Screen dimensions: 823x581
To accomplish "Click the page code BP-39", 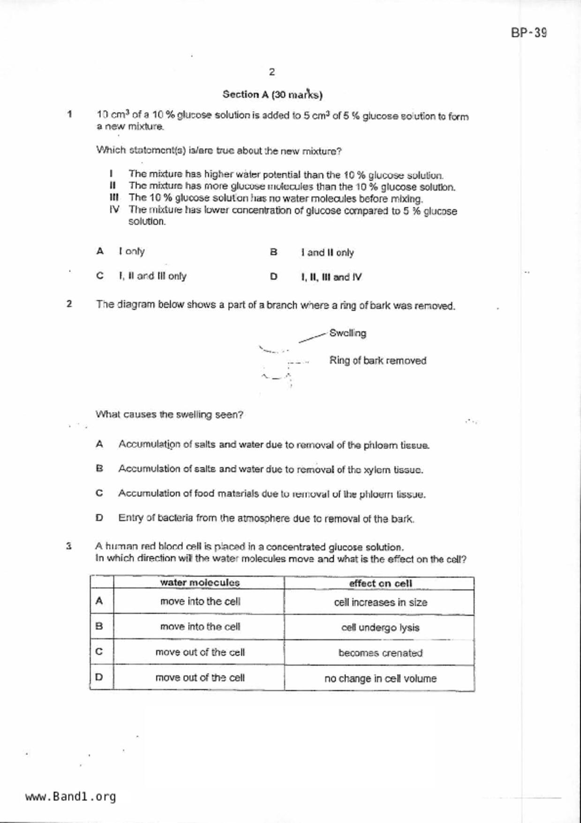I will point(529,33).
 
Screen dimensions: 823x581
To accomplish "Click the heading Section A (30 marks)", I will point(272,95).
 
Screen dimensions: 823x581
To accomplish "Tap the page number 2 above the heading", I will point(272,72).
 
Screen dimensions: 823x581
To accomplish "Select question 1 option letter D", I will point(274,277).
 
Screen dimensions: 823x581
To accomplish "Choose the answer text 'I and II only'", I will point(327,252).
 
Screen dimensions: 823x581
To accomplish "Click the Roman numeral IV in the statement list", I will point(114,209).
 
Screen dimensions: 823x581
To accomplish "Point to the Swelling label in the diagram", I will point(347,333).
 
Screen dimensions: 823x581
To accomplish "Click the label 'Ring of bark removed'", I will point(377,361).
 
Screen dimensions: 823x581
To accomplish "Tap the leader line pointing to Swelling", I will point(312,338).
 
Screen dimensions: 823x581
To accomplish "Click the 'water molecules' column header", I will point(200,583).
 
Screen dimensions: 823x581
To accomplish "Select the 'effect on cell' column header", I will point(380,584).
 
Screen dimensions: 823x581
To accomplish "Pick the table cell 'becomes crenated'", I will point(380,653).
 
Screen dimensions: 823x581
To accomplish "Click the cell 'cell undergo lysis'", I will point(380,628).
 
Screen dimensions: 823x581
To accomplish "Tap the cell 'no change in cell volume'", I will point(380,678).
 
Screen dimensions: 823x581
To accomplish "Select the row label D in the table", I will point(99,677).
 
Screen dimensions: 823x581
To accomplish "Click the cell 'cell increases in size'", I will point(380,602).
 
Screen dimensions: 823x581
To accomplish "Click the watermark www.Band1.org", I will point(70,797).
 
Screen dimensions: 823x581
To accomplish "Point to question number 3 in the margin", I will point(69,546).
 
